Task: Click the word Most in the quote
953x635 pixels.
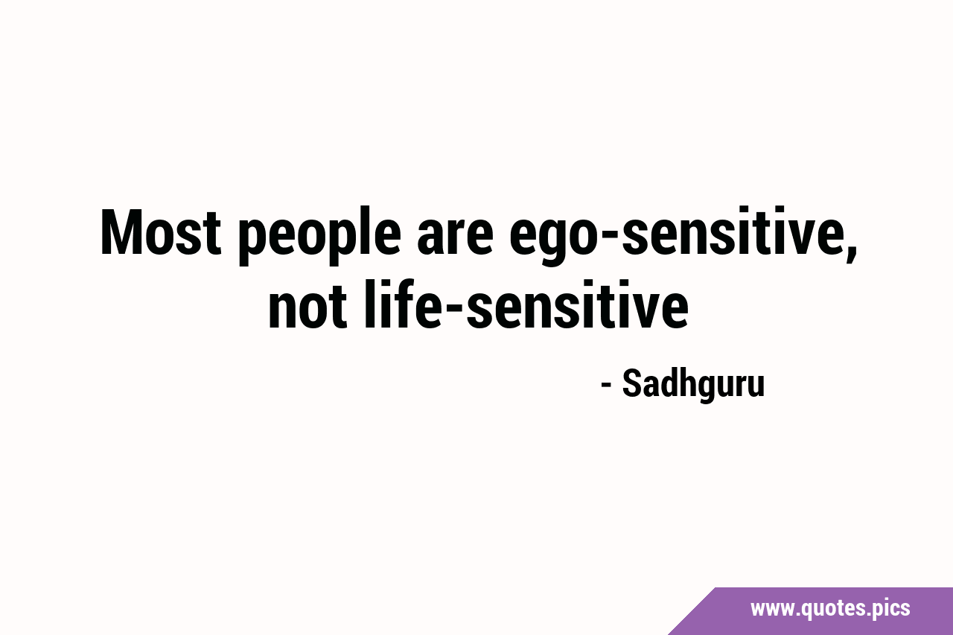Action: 161,233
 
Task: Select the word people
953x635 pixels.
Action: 319,235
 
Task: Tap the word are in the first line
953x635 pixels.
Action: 455,239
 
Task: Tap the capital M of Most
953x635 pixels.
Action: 122,233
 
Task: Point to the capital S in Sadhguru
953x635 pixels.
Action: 632,383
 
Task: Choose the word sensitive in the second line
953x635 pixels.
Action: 577,304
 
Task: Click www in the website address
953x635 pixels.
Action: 773,609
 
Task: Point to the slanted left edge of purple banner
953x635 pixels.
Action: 692,611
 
